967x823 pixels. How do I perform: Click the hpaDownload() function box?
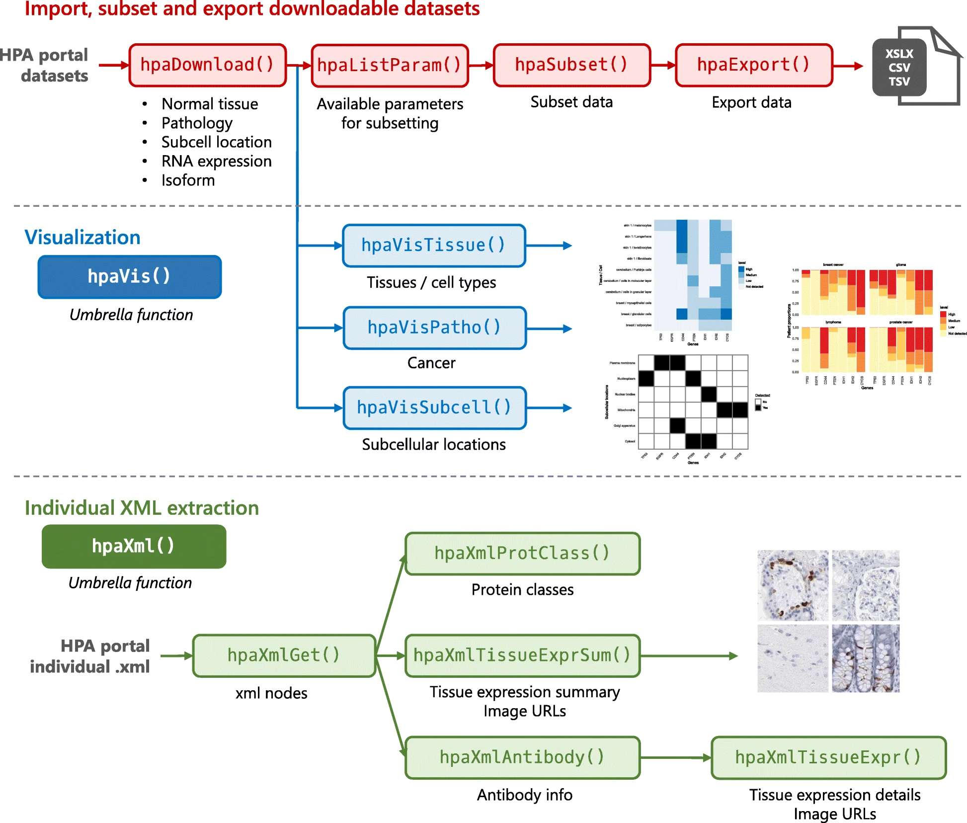click(208, 65)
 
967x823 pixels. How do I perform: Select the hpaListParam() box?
click(390, 65)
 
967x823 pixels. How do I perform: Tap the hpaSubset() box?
click(571, 65)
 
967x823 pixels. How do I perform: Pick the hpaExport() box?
click(753, 65)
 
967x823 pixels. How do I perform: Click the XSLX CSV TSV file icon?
click(914, 67)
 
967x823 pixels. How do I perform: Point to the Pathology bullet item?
click(197, 123)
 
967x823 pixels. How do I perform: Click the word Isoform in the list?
click(188, 180)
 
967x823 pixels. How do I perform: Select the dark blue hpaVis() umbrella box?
click(129, 277)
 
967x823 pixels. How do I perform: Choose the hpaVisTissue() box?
click(433, 246)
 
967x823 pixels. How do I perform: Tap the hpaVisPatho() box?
click(434, 328)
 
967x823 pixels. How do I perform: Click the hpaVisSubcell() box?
click(434, 408)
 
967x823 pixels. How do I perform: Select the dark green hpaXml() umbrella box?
click(134, 546)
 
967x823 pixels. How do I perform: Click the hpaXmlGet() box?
click(283, 656)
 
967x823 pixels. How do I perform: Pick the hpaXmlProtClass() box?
click(522, 554)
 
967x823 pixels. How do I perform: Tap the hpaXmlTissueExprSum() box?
click(522, 656)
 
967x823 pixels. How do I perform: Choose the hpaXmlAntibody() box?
click(522, 757)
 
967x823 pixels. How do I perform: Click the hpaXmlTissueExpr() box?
click(828, 757)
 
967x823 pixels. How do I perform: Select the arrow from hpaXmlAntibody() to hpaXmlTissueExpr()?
click(676, 758)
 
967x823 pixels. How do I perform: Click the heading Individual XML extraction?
click(142, 508)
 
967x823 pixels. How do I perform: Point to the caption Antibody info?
click(524, 795)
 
